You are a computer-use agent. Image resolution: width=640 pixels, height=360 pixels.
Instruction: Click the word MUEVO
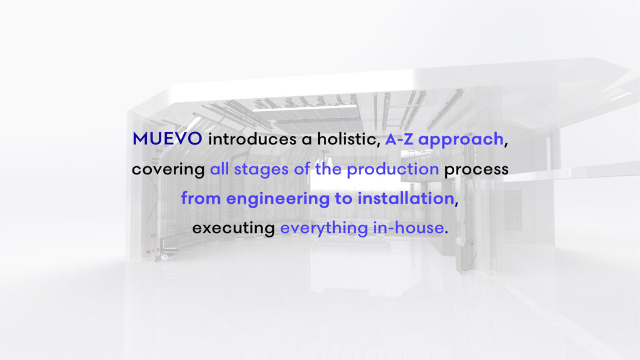click(x=167, y=139)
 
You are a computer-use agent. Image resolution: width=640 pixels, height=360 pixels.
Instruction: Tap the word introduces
click(x=252, y=139)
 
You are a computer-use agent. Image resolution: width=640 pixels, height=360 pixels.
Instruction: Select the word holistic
click(x=349, y=139)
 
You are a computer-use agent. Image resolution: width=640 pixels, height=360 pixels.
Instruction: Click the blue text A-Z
click(x=399, y=139)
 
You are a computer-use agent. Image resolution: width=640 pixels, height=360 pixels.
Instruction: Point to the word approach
click(x=461, y=140)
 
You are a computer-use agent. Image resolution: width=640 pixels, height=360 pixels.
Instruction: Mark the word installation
click(x=406, y=199)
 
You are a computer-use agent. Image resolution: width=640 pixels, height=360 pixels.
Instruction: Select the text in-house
click(x=409, y=227)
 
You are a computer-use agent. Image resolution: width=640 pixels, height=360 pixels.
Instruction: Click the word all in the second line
click(x=219, y=169)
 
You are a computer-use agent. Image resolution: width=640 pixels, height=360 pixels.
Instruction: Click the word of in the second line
click(x=302, y=169)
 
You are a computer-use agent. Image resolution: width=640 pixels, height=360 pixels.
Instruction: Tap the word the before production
click(x=328, y=169)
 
